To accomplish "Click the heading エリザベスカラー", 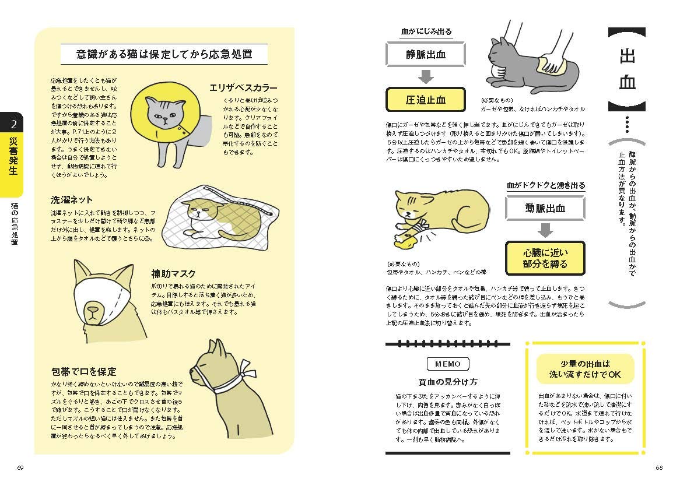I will [243, 88].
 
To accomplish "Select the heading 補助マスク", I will [173, 273].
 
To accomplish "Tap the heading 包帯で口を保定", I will [83, 371].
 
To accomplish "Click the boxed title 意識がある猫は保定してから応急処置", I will [164, 55].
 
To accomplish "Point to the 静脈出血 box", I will [425, 55].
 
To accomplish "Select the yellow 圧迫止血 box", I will [425, 99].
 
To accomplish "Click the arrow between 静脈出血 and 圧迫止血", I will [425, 77].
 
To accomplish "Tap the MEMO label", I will [447, 364].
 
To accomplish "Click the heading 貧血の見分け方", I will [447, 382].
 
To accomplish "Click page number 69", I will [20, 467].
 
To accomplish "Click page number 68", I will [659, 467].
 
